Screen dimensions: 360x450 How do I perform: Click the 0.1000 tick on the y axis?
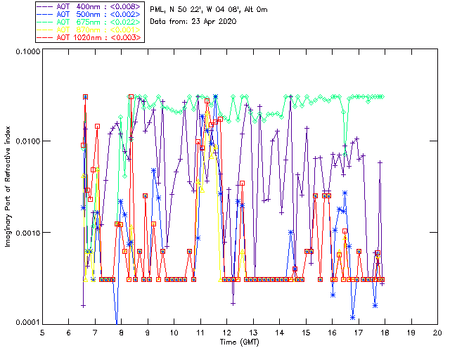pyautogui.click(x=26, y=53)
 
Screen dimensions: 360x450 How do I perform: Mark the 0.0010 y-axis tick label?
pyautogui.click(x=26, y=233)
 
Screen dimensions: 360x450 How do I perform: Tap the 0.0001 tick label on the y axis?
pyautogui.click(x=26, y=322)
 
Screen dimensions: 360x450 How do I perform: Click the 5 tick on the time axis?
pyautogui.click(x=42, y=333)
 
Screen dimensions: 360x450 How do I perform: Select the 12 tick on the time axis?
pyautogui.click(x=226, y=333)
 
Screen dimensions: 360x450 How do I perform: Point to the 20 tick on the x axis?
pyautogui.click(x=437, y=333)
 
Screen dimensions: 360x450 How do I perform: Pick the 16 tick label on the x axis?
pyautogui.click(x=332, y=333)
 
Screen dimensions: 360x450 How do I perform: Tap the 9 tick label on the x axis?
pyautogui.click(x=148, y=333)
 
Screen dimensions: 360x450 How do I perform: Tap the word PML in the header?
pyautogui.click(x=159, y=9)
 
